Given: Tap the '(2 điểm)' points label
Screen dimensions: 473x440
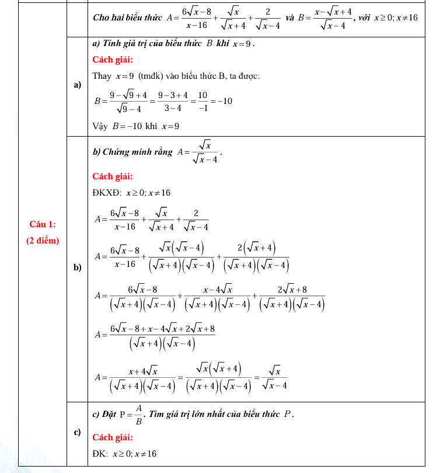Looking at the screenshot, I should coord(43,240).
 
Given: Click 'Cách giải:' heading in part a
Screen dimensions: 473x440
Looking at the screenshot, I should coord(113,60).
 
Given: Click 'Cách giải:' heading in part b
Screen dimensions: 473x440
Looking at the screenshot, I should coord(113,176).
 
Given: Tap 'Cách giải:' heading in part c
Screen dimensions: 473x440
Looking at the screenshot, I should coord(113,437).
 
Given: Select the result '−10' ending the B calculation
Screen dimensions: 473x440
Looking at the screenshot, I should coord(225,102).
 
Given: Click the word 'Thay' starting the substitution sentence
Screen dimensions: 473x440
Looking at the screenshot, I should coord(102,76).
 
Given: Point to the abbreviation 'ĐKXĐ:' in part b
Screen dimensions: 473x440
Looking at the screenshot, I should coord(107,193).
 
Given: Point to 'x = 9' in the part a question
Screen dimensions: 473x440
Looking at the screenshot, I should coord(243,44).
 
